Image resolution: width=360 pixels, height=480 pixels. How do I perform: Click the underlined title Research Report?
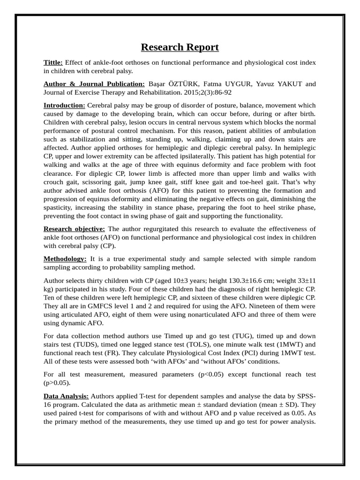coord(180,47)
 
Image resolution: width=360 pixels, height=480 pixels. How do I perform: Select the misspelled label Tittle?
coord(53,62)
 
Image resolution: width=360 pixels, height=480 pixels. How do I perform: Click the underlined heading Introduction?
coord(64,105)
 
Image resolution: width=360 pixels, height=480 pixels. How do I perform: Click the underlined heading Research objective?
coord(75,229)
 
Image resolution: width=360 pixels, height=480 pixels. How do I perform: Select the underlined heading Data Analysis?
coord(66,396)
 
